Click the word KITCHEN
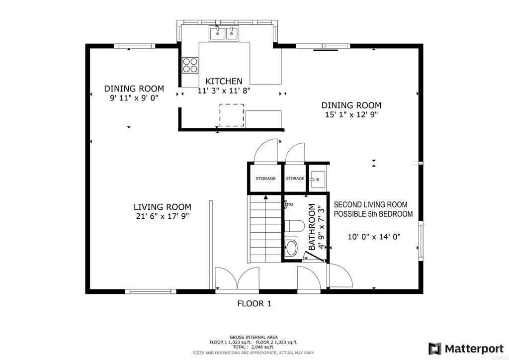(224, 81)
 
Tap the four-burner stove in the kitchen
(190, 65)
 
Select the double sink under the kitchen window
(224, 33)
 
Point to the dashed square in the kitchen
(232, 115)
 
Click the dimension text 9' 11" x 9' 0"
(134, 98)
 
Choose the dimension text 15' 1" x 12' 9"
(351, 114)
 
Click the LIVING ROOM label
(162, 207)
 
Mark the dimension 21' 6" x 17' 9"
(162, 216)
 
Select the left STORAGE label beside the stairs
(265, 179)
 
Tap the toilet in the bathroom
(294, 226)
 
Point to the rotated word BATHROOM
(312, 227)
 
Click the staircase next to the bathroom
(265, 229)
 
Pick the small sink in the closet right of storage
(317, 180)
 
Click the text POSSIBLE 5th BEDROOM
(373, 214)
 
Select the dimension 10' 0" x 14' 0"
(374, 237)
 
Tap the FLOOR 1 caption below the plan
(254, 303)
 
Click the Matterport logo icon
(435, 348)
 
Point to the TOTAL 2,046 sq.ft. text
(254, 347)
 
